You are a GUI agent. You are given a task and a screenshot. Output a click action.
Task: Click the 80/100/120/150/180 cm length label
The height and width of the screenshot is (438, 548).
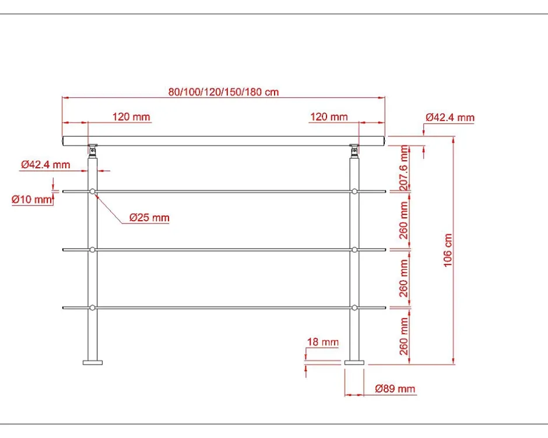[x=223, y=92]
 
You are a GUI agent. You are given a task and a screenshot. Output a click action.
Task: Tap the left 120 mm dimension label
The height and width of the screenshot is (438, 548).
[x=131, y=116]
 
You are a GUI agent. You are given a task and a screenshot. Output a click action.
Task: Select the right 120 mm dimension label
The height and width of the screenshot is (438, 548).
[x=329, y=116]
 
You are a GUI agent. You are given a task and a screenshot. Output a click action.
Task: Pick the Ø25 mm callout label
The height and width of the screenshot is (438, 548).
[x=149, y=218]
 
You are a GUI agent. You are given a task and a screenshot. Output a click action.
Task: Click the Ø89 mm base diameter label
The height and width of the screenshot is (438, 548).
[x=395, y=388]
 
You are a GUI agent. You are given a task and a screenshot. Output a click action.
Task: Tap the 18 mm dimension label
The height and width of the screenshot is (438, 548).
[x=322, y=342]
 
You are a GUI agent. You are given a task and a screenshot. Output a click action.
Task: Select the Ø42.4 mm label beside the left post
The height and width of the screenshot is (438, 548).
[x=45, y=164]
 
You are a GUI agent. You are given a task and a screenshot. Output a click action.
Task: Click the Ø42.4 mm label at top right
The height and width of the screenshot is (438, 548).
[x=450, y=117]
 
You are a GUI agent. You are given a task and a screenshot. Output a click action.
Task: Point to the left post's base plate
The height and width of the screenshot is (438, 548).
[x=93, y=362]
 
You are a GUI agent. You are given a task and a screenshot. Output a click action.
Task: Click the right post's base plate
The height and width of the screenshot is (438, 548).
[x=354, y=362]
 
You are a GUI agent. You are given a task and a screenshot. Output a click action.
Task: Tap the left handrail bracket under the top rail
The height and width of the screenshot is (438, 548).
[x=93, y=150]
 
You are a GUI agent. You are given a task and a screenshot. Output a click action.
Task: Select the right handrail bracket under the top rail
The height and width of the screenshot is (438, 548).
[x=354, y=150]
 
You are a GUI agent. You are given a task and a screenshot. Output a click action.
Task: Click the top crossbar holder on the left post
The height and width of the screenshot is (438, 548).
[x=93, y=191]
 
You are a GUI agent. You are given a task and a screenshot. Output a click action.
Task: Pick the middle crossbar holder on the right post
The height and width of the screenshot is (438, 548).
[x=354, y=250]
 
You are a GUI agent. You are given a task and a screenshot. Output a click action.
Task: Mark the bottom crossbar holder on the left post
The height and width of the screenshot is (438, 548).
[x=93, y=308]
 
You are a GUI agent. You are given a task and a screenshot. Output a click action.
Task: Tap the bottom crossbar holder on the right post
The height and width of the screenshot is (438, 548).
[x=354, y=308]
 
